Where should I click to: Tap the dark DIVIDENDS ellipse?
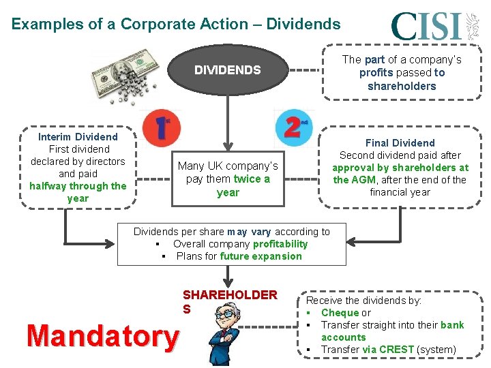[x=228, y=70]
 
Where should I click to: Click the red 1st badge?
[x=162, y=126]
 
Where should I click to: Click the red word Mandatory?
[x=102, y=335]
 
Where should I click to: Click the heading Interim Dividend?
[x=78, y=137]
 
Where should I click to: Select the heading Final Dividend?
[x=400, y=143]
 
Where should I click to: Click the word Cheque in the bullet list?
[x=340, y=313]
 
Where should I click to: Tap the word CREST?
[x=398, y=350]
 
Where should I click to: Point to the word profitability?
[x=280, y=244]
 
